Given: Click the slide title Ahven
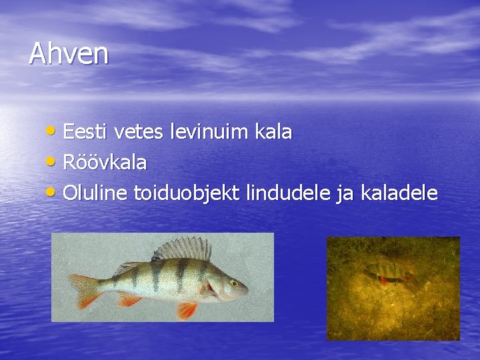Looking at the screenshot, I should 69,54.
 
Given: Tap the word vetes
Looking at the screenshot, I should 138,132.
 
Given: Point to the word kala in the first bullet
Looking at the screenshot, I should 273,132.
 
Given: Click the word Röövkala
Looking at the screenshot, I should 105,162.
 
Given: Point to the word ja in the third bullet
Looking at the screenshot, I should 345,194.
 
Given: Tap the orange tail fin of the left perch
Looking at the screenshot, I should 85,290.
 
